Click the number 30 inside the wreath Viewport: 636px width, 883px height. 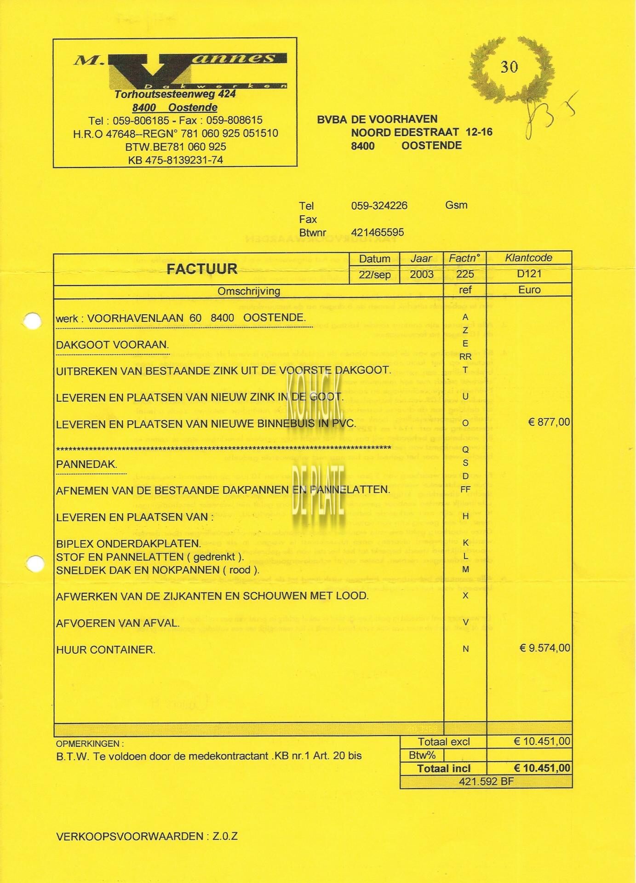click(x=509, y=67)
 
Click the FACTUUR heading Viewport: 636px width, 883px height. click(x=202, y=269)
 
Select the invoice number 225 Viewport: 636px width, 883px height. click(x=465, y=275)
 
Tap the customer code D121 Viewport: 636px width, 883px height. click(x=529, y=275)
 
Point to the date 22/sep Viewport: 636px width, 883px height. click(x=375, y=275)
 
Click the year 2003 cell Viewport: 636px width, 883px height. click(x=422, y=275)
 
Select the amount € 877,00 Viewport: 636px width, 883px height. click(x=549, y=422)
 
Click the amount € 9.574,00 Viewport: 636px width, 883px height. click(x=544, y=648)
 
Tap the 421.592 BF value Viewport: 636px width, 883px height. click(x=486, y=781)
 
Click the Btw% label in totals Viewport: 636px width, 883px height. click(x=422, y=755)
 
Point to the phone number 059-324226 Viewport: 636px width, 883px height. click(x=379, y=206)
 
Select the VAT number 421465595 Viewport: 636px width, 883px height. click(x=378, y=232)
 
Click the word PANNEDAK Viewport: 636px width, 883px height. click(x=86, y=464)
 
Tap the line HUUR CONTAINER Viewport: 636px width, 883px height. click(x=106, y=650)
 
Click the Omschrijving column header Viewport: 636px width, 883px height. click(x=249, y=291)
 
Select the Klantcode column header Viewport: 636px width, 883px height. click(x=528, y=258)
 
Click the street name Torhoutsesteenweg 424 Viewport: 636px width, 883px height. click(x=175, y=94)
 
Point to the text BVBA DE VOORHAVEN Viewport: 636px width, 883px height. click(x=377, y=120)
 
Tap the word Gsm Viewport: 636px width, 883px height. click(x=456, y=205)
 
